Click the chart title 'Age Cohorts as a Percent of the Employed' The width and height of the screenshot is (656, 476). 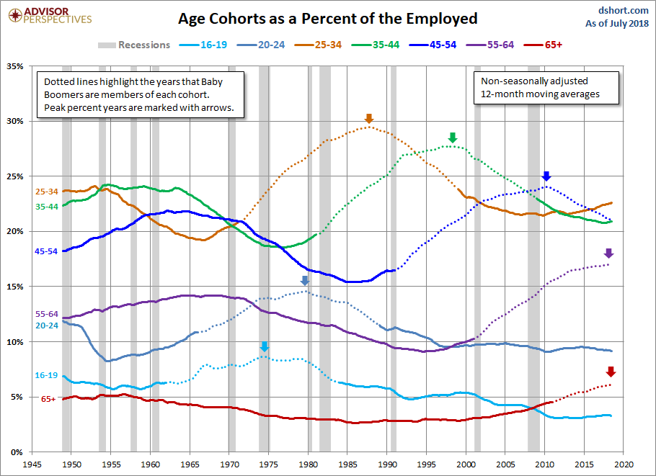coord(328,17)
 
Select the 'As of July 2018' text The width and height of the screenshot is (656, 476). coord(617,24)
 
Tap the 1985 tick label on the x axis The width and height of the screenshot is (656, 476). coord(349,464)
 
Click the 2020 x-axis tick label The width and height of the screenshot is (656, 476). coord(624,464)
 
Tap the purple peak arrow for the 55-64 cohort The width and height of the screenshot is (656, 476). coord(608,253)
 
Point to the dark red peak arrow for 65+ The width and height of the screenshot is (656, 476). coord(611,372)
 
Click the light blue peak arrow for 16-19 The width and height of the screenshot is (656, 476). coord(264,347)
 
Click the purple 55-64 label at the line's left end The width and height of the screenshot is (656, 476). coord(46,314)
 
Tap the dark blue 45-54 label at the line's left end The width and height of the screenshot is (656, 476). coord(46,251)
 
